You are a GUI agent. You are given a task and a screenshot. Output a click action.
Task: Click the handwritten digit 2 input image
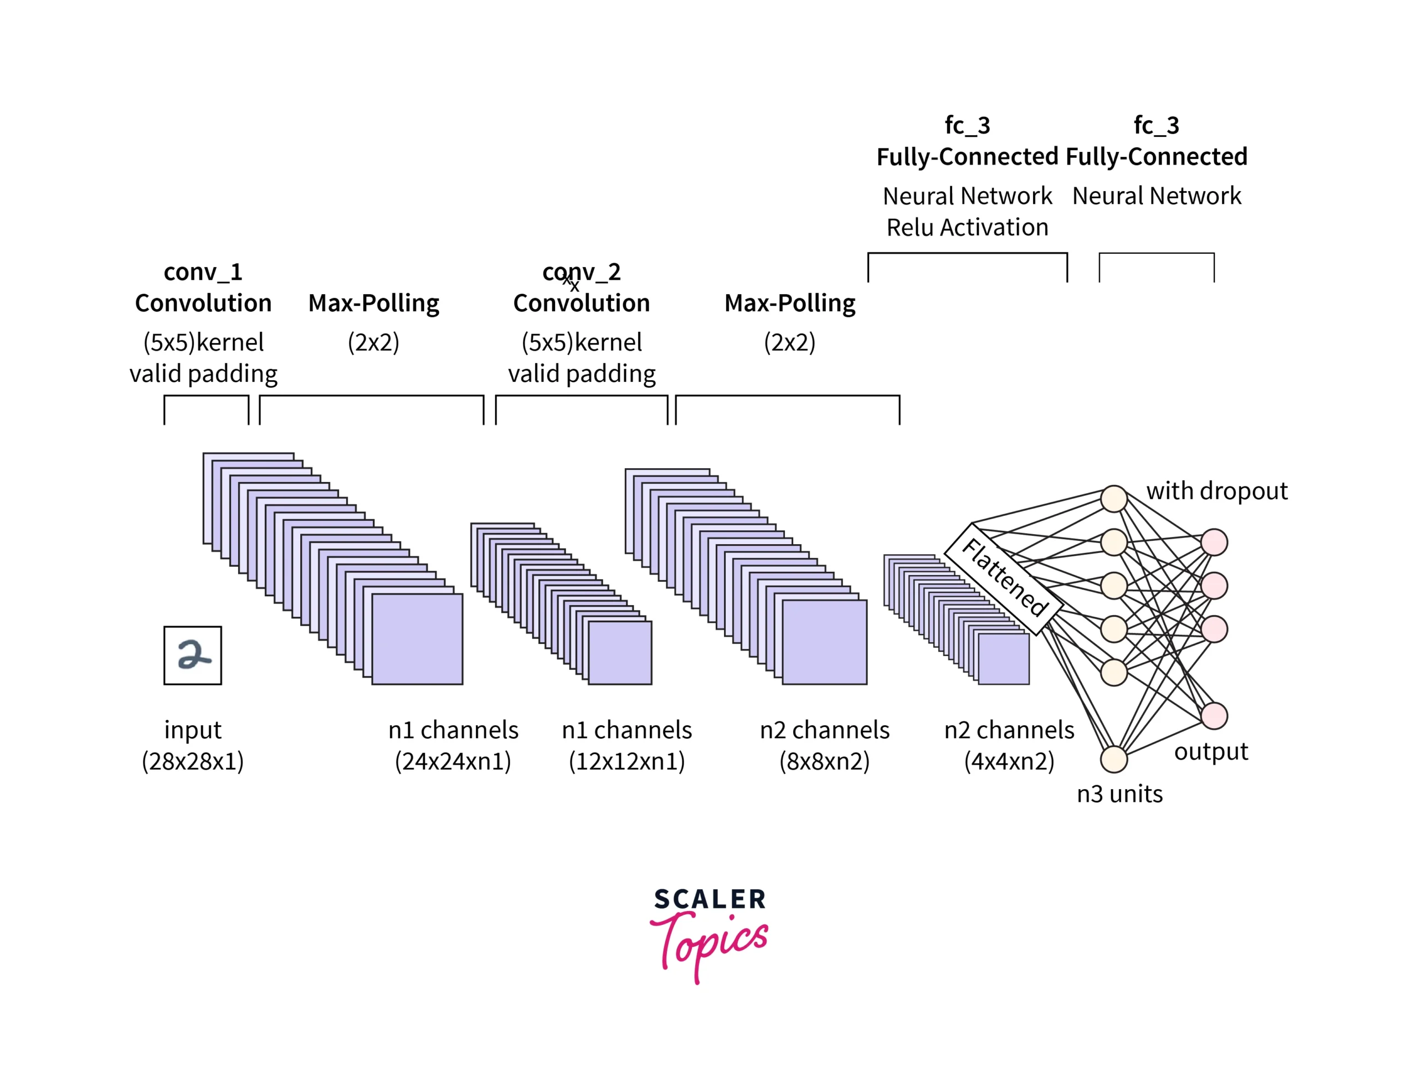(x=192, y=656)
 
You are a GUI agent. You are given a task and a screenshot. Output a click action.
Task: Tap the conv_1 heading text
(x=203, y=273)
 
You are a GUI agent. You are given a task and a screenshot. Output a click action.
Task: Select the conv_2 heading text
(x=582, y=273)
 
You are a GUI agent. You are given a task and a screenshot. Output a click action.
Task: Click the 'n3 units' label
(x=1119, y=794)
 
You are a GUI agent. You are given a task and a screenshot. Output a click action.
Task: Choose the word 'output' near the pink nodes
(x=1211, y=751)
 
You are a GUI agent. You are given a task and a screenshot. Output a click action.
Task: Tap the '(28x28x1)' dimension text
(x=192, y=761)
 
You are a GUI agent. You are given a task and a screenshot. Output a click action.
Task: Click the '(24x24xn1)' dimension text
(x=453, y=761)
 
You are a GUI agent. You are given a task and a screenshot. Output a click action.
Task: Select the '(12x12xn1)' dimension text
(x=626, y=761)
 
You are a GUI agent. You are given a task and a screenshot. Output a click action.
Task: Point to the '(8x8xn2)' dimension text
(x=824, y=761)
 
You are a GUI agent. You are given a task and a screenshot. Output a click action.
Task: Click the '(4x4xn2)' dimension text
(x=1009, y=761)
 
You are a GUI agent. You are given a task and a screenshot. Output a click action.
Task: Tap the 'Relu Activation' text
(x=967, y=228)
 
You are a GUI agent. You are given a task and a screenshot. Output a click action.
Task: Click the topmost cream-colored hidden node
(x=1114, y=498)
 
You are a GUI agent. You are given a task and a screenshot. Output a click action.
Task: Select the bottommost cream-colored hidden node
(x=1114, y=759)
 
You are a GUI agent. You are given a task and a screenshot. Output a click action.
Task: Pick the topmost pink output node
(x=1214, y=542)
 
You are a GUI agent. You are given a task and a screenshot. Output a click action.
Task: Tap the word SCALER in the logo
(x=710, y=899)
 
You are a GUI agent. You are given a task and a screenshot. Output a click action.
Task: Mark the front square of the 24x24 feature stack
(x=417, y=639)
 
